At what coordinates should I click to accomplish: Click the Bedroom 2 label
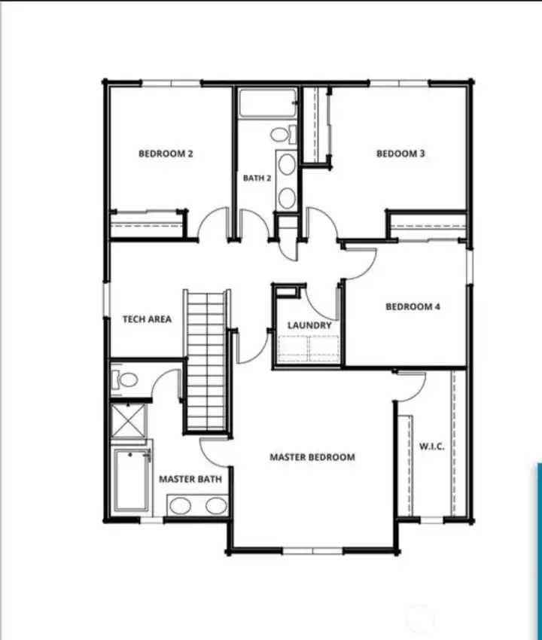tap(166, 154)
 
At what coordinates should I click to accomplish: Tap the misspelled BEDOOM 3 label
tap(400, 154)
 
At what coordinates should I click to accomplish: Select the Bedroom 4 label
tap(413, 306)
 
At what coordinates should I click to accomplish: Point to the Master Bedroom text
tap(312, 457)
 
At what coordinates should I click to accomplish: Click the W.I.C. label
tap(432, 446)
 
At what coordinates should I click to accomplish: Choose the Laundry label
tap(309, 325)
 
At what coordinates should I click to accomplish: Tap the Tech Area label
tap(147, 319)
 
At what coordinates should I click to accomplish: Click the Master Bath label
tap(190, 479)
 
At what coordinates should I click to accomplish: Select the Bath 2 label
tap(257, 178)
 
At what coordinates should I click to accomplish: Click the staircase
tap(206, 360)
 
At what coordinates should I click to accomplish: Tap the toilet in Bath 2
tap(283, 134)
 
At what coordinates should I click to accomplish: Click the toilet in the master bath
tap(125, 380)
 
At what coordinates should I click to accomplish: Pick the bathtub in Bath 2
tap(268, 103)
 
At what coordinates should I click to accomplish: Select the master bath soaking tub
tap(132, 480)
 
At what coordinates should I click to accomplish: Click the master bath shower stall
tap(128, 420)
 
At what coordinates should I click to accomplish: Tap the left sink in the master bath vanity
tap(181, 506)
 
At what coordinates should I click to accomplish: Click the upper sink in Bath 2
tap(287, 164)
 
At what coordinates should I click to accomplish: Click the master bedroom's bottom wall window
tap(312, 551)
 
